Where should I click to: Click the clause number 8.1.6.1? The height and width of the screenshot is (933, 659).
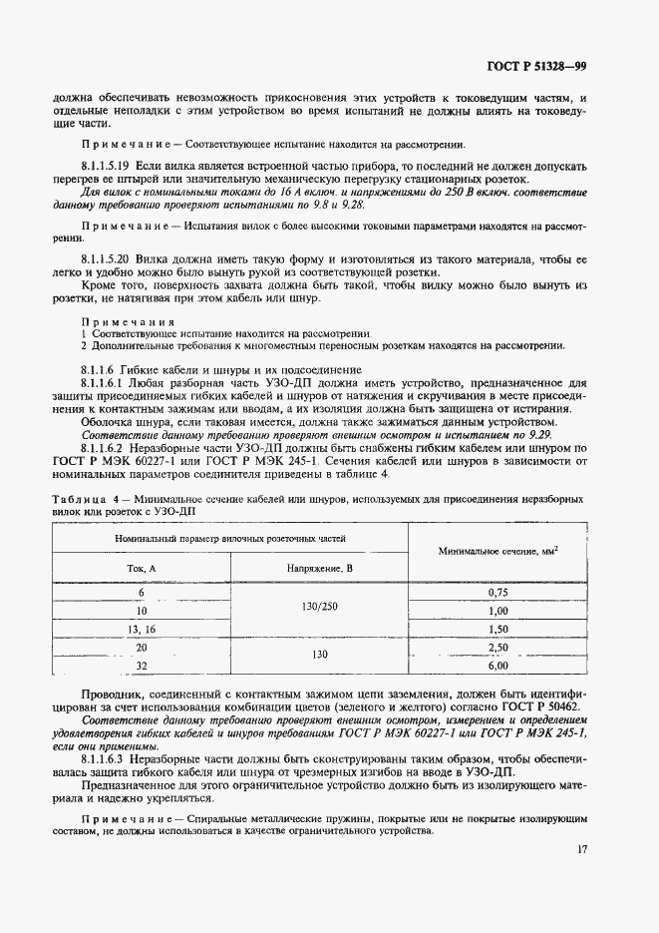(99, 383)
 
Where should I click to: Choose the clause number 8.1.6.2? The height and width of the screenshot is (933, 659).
(99, 449)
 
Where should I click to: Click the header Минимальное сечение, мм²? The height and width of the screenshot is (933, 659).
(497, 551)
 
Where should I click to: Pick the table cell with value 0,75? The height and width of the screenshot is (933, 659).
(498, 592)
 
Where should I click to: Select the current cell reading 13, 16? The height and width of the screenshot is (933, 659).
(141, 630)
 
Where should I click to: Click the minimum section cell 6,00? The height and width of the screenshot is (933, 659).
(498, 665)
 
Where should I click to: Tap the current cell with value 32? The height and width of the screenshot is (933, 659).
(141, 666)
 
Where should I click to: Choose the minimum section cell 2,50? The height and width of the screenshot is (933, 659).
(498, 648)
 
